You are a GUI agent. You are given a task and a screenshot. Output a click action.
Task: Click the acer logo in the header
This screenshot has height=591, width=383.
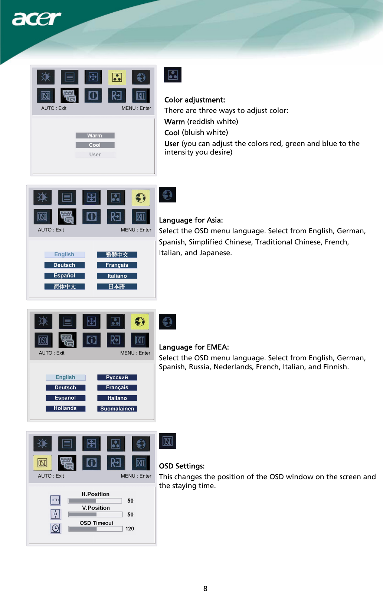point(36,19)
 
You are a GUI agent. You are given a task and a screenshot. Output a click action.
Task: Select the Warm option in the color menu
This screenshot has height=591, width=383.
point(95,136)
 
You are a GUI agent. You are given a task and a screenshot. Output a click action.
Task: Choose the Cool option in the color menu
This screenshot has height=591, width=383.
point(95,145)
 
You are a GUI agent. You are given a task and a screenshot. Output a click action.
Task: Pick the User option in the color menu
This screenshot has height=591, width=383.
point(95,155)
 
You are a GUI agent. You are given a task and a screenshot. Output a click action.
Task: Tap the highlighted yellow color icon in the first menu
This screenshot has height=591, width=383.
point(117,77)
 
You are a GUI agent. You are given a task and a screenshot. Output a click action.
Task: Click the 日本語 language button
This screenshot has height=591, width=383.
point(117,286)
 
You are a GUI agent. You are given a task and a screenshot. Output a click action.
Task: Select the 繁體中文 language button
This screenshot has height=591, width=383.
point(117,254)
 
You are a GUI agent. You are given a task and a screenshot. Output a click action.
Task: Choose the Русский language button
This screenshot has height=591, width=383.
point(117,377)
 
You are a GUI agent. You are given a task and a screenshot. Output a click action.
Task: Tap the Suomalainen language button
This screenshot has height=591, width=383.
point(117,409)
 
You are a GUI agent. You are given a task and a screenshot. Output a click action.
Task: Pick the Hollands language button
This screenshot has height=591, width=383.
point(65,408)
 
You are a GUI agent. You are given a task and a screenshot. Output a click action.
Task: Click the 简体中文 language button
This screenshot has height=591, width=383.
point(65,286)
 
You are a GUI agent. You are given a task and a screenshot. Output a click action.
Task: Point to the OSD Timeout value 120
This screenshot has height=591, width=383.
point(130,529)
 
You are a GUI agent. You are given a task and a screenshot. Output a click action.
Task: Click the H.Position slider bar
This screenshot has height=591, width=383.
point(95,501)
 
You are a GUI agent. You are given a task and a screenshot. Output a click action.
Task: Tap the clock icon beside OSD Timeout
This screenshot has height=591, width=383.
point(55,528)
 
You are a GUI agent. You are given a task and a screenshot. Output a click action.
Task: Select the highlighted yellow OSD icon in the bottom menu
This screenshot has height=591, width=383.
point(42,463)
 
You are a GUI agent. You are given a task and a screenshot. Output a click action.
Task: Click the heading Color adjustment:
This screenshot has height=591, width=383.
point(194,100)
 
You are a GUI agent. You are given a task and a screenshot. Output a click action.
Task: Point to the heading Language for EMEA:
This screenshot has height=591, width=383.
point(194,347)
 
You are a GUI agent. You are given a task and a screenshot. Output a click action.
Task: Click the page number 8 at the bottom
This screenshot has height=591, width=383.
point(205,588)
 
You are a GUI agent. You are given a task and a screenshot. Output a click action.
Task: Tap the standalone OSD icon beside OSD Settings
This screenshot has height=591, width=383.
point(167,441)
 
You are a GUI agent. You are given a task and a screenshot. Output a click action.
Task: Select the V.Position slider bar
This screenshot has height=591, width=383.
point(95,514)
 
